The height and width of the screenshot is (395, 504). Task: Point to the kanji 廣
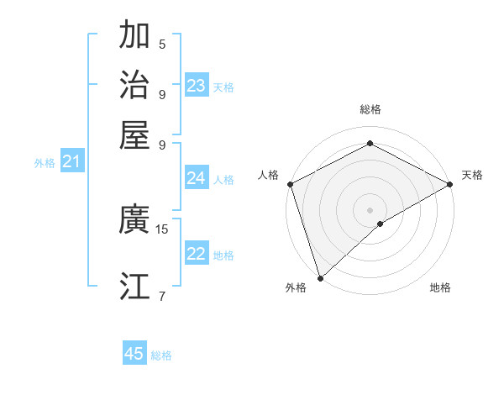(134, 220)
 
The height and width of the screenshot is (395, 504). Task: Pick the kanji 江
(134, 286)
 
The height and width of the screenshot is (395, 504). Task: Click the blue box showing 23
(197, 86)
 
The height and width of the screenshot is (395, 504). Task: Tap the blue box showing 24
(197, 178)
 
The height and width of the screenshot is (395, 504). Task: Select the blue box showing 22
(197, 255)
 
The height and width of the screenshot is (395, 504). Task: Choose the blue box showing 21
(71, 162)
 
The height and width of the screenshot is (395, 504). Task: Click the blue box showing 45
(134, 354)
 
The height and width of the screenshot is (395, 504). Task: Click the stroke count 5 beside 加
(162, 44)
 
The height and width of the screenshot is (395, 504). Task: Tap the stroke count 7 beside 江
(162, 295)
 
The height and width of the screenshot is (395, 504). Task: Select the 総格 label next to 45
(161, 355)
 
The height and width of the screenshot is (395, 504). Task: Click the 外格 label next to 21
(45, 163)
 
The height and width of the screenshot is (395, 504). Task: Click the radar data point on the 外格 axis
(320, 278)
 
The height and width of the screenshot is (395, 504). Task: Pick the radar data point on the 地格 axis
(381, 224)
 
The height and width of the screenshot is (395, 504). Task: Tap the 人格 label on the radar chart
(269, 175)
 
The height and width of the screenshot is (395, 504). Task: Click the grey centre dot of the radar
(370, 209)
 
